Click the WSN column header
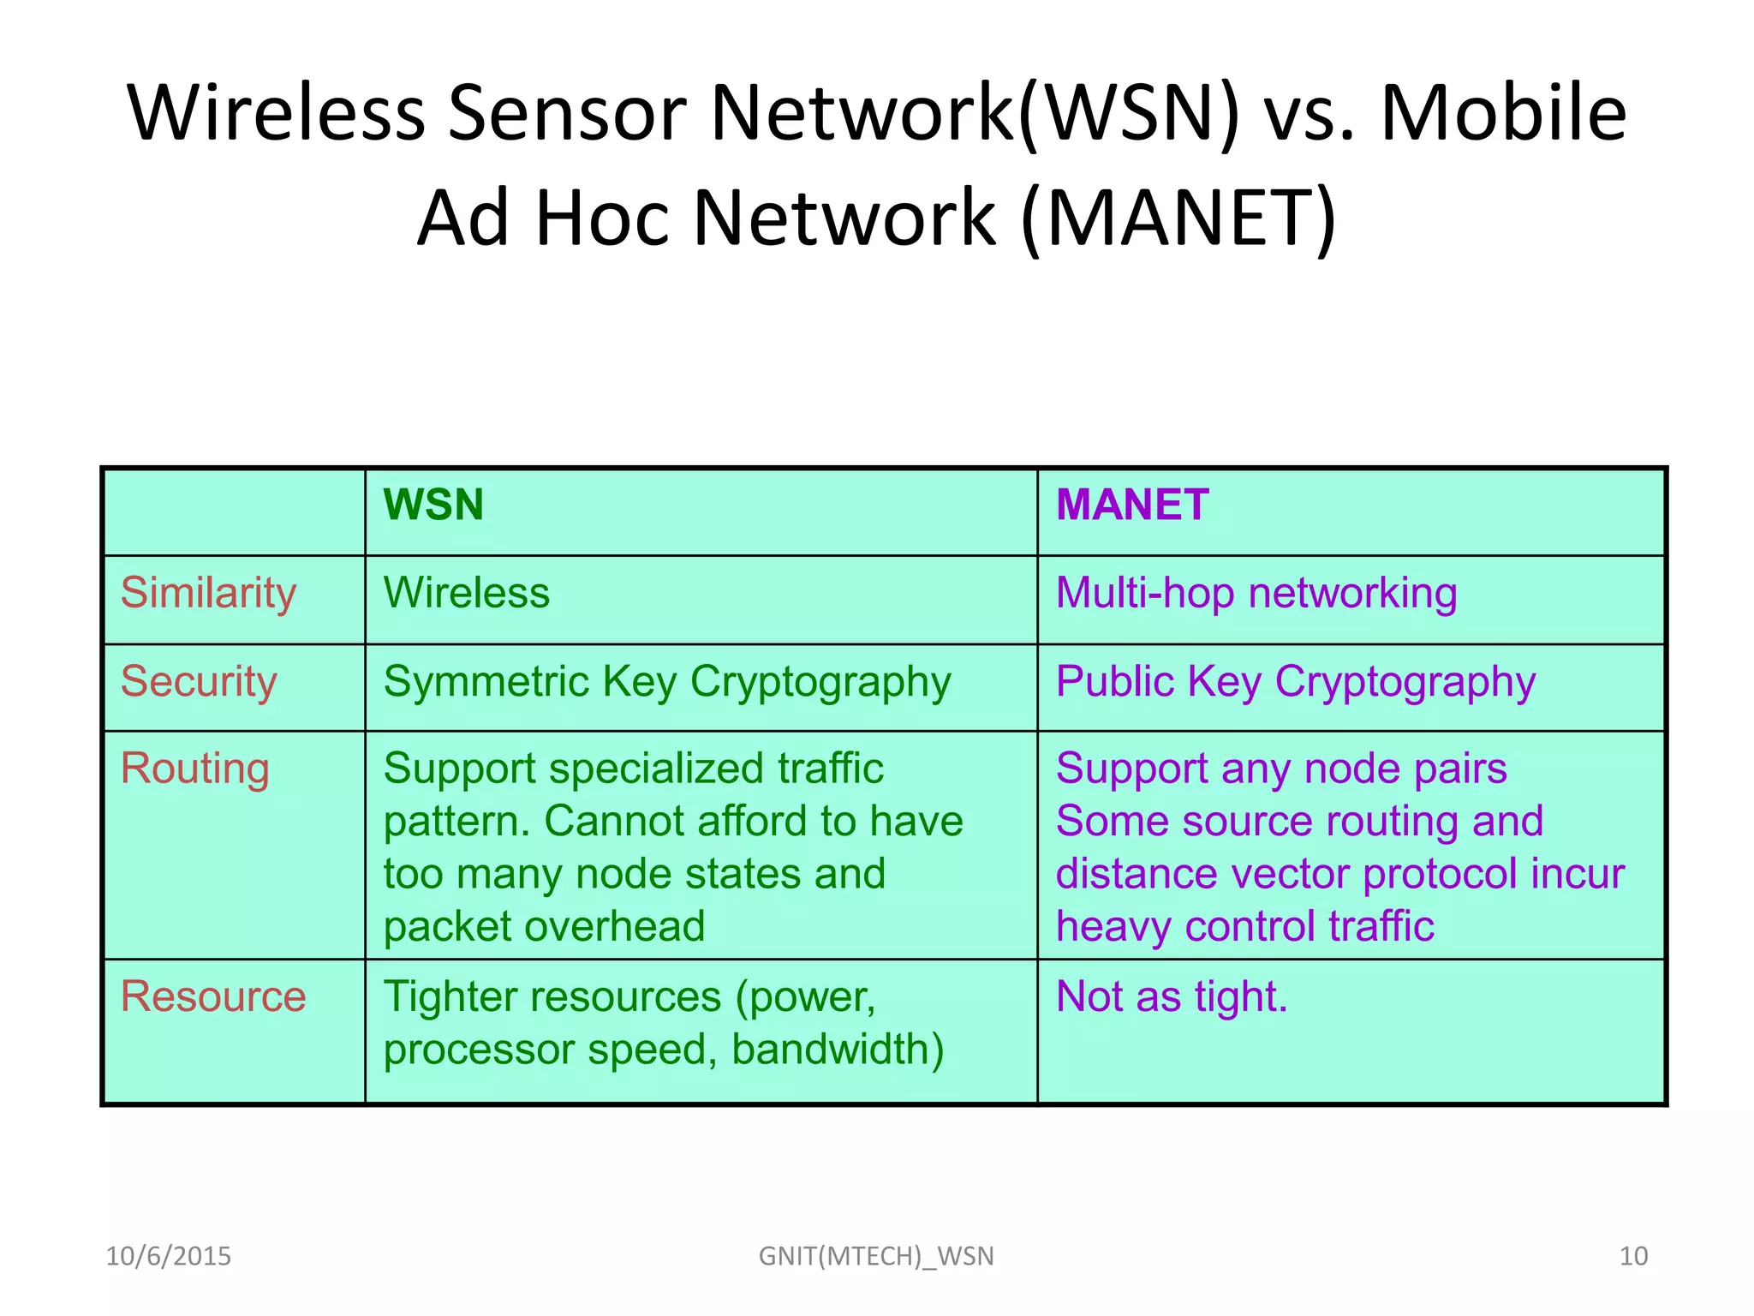433,505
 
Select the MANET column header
1132,505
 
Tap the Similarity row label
208,593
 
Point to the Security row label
199,682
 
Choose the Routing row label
195,769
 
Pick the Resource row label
213,996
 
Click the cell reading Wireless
467,593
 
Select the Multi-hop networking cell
1256,593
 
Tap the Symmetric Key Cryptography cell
667,682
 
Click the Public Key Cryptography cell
1296,682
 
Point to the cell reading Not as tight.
1172,996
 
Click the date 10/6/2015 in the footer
169,1256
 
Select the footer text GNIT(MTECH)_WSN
876,1256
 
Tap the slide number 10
1633,1256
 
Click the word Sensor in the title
567,113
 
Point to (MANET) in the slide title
1178,218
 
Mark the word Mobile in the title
1504,113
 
